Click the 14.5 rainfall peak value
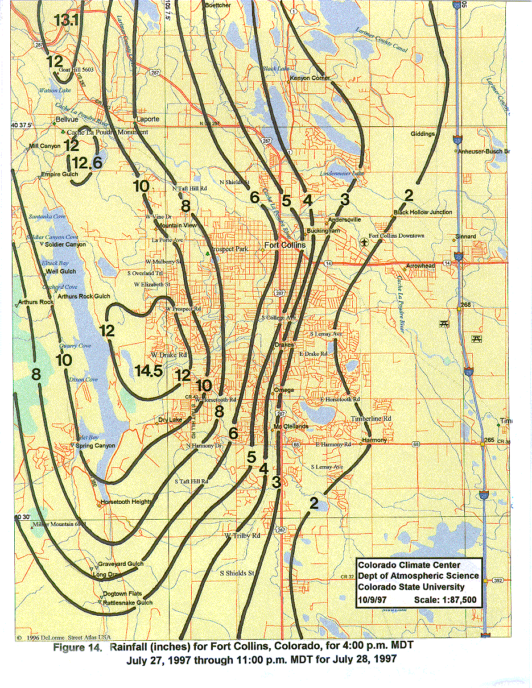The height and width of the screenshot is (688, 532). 150,371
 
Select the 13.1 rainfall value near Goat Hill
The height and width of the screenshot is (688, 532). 66,20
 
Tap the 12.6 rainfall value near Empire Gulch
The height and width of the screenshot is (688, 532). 87,163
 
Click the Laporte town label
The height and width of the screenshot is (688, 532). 149,119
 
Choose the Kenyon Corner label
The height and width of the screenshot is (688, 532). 310,78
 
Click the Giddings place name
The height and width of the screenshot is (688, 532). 423,134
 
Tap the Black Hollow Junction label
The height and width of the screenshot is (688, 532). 423,212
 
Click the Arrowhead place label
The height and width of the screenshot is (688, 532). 420,266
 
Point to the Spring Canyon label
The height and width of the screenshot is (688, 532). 96,446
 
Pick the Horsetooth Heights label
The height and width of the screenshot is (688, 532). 126,502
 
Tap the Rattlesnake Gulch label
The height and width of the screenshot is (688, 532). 127,603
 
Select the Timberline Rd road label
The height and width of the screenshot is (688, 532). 371,418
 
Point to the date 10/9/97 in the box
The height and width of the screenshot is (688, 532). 371,599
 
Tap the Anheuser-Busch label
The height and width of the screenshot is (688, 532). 484,151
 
